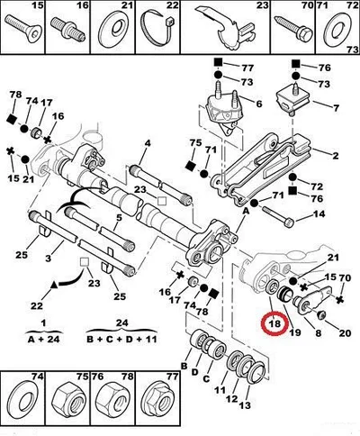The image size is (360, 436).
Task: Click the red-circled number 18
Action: [274, 323]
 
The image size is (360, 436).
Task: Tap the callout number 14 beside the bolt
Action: [319, 214]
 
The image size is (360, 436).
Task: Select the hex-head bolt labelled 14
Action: [278, 215]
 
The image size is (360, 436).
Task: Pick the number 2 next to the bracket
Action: [335, 156]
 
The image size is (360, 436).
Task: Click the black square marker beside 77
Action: [218, 62]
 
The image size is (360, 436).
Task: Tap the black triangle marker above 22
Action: [54, 285]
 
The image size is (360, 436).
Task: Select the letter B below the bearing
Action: [184, 366]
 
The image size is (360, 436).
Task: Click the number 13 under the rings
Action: [245, 405]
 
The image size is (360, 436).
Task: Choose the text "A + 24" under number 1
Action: [44, 340]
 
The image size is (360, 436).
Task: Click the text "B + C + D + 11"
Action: [121, 340]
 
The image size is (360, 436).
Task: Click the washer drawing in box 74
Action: [23, 399]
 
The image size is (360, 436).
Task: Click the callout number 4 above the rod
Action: [148, 143]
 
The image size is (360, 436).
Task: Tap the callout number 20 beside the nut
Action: [345, 333]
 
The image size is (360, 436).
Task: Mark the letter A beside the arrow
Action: [246, 212]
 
